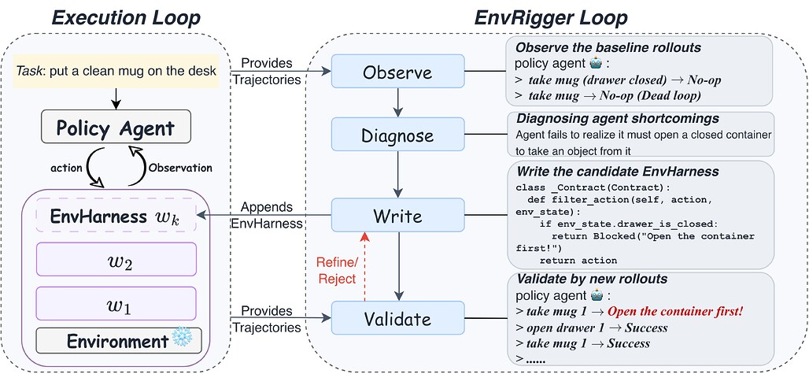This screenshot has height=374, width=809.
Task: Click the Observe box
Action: click(x=397, y=72)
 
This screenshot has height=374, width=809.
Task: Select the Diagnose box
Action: click(x=397, y=135)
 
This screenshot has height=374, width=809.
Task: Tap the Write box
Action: click(x=397, y=216)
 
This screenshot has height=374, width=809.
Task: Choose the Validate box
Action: click(x=397, y=318)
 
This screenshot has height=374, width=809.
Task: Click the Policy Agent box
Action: click(x=116, y=128)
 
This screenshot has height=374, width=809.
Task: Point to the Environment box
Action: click(x=118, y=341)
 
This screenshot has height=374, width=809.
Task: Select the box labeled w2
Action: click(x=116, y=259)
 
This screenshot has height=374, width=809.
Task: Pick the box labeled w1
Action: click(x=116, y=303)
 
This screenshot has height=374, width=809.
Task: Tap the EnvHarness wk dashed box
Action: click(x=116, y=216)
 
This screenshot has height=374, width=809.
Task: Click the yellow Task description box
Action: click(x=116, y=71)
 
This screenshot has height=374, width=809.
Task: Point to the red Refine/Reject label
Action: click(x=336, y=270)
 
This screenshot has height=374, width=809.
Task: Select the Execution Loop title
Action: click(x=127, y=18)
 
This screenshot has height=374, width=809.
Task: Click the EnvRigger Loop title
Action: click(x=551, y=18)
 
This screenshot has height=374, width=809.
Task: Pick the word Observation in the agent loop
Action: click(x=180, y=168)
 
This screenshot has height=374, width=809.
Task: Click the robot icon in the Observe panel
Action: click(x=597, y=64)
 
